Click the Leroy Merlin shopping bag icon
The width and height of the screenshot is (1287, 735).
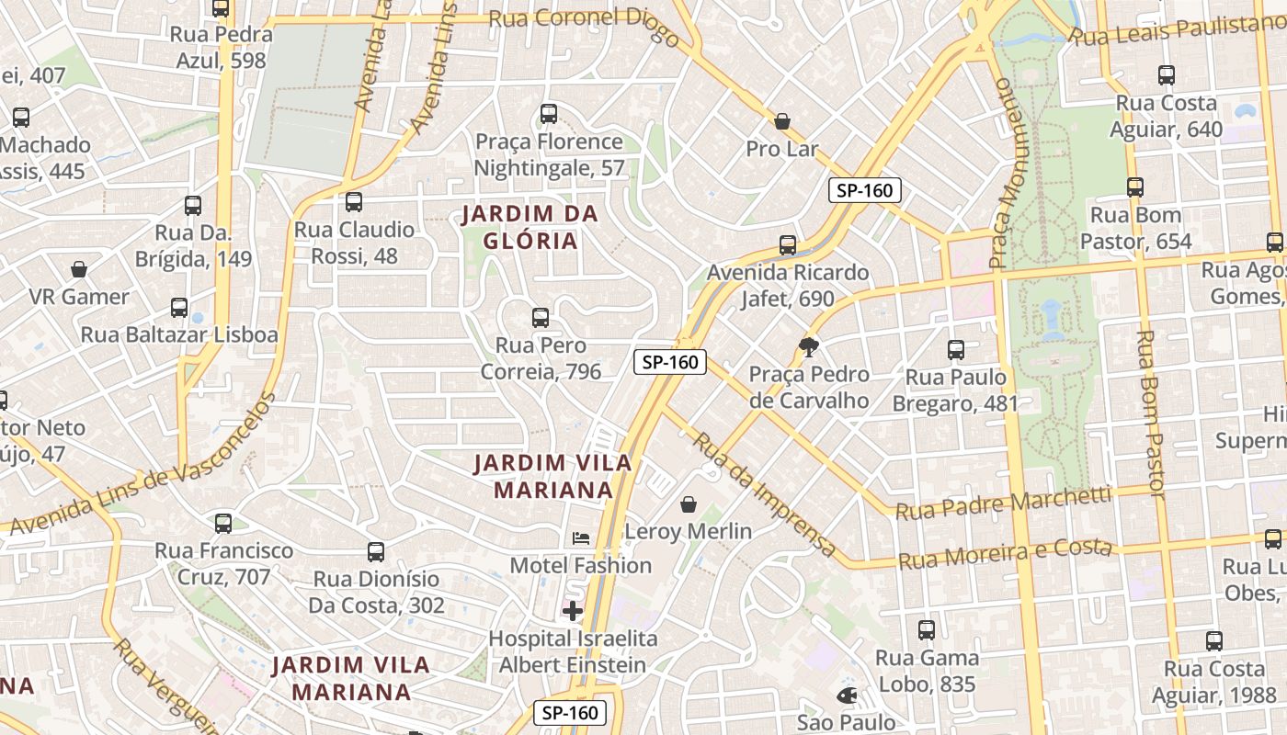689,503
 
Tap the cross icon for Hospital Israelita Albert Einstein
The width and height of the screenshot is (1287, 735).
573,610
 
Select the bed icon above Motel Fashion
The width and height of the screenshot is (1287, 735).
581,537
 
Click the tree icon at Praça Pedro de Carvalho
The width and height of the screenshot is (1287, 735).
809,346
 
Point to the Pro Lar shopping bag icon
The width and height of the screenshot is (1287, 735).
782,121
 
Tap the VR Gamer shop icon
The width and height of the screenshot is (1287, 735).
79,269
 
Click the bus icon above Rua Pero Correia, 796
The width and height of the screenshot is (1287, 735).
541,318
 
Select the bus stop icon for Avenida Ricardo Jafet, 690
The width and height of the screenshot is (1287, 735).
788,245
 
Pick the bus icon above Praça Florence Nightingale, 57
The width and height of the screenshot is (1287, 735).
549,114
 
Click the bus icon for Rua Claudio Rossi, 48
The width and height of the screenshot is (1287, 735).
354,202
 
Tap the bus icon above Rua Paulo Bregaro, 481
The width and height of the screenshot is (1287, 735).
956,350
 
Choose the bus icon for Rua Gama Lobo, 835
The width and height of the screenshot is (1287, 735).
927,630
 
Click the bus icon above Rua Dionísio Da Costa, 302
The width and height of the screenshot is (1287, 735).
376,552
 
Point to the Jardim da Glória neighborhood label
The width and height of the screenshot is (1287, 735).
530,228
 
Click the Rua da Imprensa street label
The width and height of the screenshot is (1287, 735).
765,494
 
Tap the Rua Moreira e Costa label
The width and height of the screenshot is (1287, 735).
1006,554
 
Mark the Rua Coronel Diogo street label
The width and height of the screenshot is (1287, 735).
584,25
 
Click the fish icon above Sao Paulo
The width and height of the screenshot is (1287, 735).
847,695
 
